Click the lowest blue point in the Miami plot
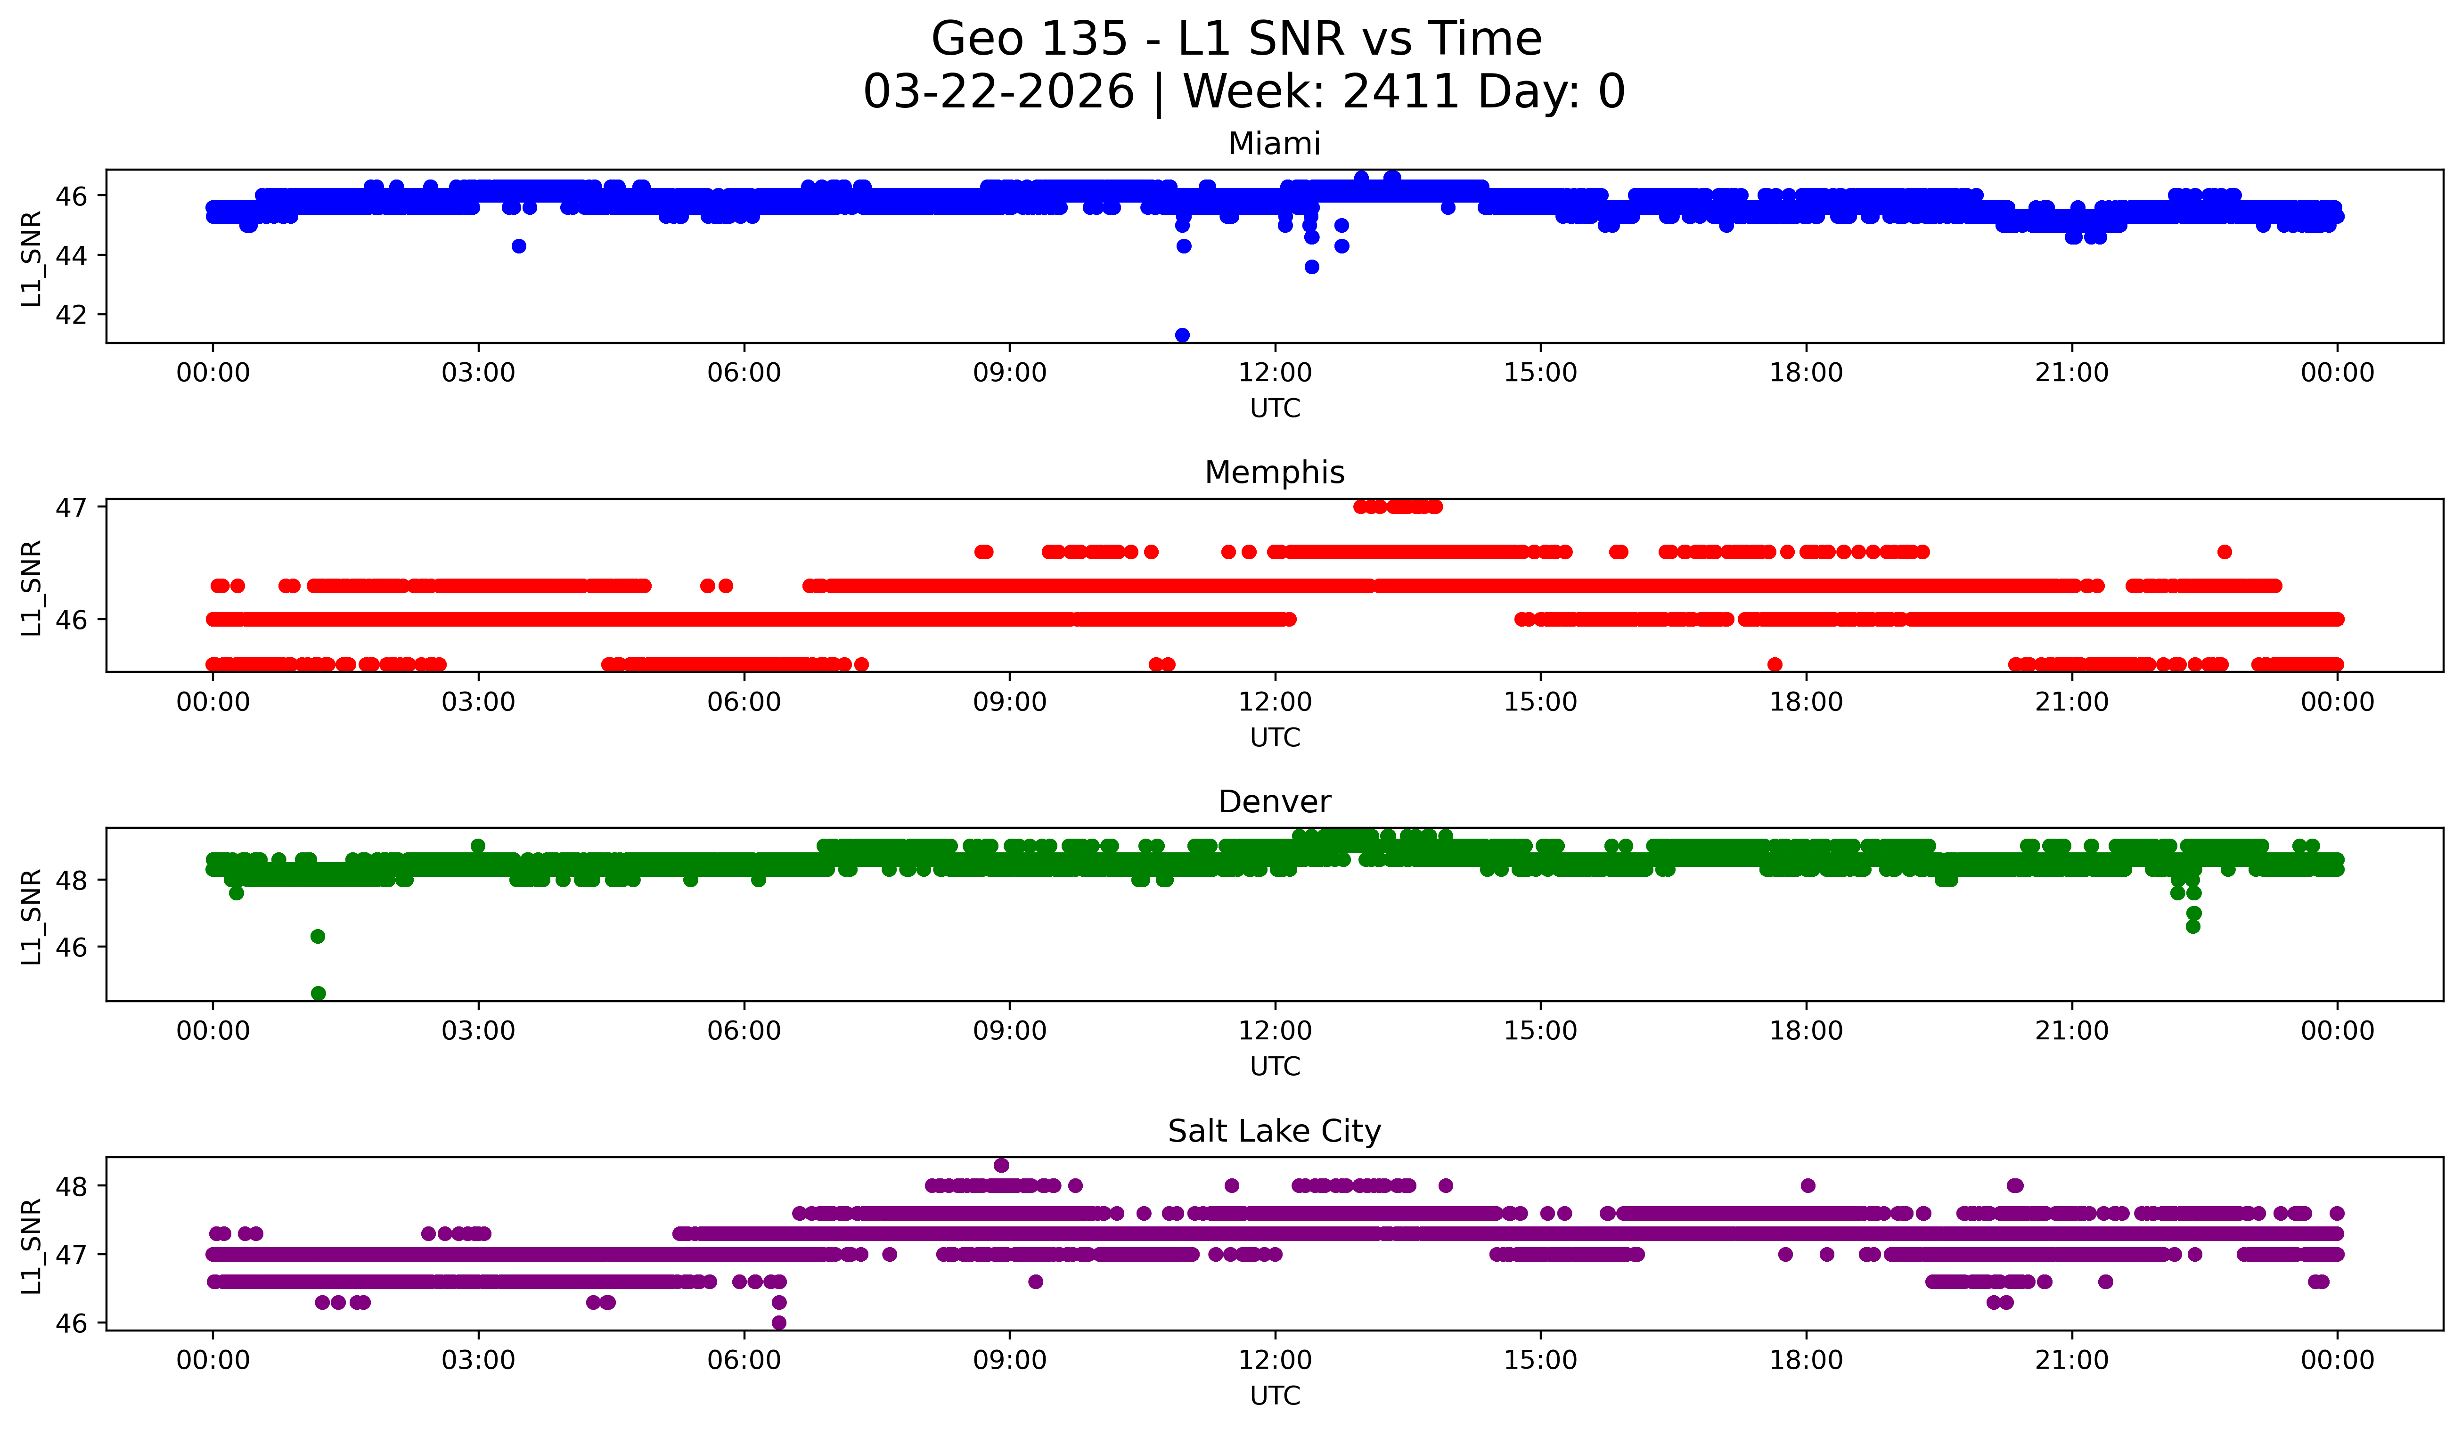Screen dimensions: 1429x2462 coord(1182,335)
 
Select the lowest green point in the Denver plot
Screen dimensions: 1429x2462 coord(318,993)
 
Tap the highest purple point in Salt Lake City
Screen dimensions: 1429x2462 coord(1001,1165)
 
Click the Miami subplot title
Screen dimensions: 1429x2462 coord(1274,144)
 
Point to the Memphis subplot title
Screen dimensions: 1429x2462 coord(1274,473)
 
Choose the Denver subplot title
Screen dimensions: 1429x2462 coord(1274,802)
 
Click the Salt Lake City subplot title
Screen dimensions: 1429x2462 coord(1274,1131)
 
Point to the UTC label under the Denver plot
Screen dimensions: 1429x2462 coord(1274,1067)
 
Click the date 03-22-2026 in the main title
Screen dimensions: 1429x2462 coord(998,92)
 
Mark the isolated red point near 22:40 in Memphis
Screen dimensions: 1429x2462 coord(2225,552)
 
